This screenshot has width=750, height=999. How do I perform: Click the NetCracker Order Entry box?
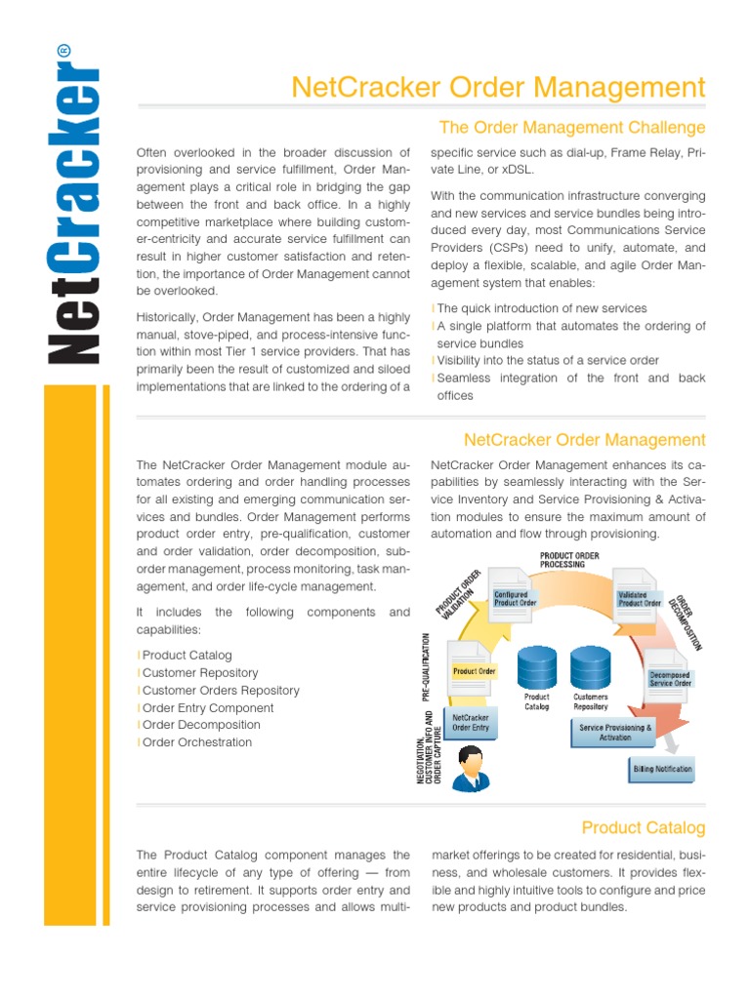[x=471, y=722]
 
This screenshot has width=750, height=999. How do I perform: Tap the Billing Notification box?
[x=662, y=769]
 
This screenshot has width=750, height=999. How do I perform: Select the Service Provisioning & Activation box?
[x=615, y=733]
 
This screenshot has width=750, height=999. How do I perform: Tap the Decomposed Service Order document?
[x=670, y=677]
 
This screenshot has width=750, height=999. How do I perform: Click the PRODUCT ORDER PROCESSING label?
[x=576, y=559]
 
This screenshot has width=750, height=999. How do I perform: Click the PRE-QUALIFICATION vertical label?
[x=427, y=666]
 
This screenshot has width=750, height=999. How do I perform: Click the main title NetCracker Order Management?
[x=498, y=88]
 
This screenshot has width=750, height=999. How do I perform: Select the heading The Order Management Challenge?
[x=572, y=127]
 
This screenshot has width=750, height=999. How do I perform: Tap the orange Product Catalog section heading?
[x=643, y=827]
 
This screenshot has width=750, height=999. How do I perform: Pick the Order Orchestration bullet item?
[x=196, y=742]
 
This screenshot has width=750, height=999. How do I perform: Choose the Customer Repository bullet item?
[x=200, y=673]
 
